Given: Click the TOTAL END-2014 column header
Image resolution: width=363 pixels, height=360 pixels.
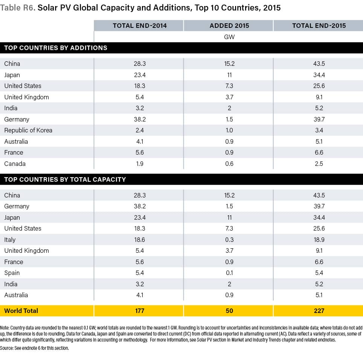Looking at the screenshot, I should coord(139,26).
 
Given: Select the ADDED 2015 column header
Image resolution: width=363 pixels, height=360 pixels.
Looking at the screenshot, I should coord(229,26).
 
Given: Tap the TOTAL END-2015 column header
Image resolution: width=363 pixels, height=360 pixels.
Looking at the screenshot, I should coord(319,26).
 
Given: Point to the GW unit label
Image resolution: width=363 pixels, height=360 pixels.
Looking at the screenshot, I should coord(229,37).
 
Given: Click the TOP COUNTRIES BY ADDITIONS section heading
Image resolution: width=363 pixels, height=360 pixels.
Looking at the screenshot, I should coord(56,48).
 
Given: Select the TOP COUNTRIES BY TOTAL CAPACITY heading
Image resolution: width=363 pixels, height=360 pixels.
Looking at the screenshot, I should coord(65,179).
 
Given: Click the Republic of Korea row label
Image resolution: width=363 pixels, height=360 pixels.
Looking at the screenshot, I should coord(28,130).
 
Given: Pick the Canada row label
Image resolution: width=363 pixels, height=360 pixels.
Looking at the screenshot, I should coord(15,164).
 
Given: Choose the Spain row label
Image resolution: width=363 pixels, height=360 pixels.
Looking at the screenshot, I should coord(12,273).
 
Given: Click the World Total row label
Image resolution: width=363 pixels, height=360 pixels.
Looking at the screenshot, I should coord(21,311).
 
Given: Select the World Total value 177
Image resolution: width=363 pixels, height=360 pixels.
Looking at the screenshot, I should coord(139,311).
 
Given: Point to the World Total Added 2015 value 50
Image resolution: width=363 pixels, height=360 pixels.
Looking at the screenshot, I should coord(229,311).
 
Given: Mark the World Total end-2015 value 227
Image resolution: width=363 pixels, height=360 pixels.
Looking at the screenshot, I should coord(319,311).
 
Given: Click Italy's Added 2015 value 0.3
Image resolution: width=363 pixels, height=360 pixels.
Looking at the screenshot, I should coord(229,240).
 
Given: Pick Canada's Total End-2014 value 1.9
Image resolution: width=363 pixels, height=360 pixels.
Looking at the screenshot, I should coord(139,164).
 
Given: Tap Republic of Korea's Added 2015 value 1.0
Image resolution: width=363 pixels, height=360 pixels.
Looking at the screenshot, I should coord(229,130).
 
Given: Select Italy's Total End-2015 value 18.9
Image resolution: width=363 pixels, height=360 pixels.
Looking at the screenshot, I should coord(319,240).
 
